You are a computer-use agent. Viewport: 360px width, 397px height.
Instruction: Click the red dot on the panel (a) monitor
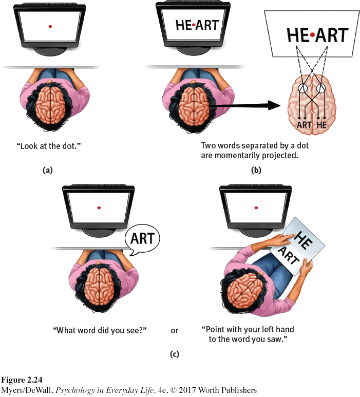(x=50, y=26)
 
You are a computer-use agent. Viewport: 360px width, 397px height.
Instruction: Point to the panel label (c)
(x=175, y=354)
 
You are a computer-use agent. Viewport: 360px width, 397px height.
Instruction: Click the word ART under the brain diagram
(x=306, y=124)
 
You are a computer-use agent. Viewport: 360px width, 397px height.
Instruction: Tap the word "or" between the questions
(x=175, y=330)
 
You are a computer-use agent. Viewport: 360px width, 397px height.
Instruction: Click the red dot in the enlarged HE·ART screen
(x=311, y=35)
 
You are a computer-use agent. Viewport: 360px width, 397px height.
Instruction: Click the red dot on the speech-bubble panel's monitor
(x=99, y=207)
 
